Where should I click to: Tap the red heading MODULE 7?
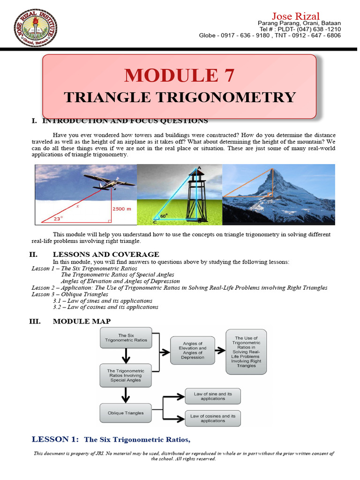tap(179, 75)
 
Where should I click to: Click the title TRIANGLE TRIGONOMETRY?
tap(180, 97)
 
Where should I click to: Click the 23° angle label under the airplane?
tap(58, 217)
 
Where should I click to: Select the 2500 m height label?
tap(121, 209)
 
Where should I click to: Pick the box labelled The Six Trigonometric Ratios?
tap(126, 337)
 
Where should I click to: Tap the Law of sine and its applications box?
tap(213, 397)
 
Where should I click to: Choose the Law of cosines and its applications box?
tap(213, 418)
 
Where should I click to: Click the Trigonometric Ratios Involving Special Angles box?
tap(126, 376)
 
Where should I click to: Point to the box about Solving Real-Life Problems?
tap(246, 351)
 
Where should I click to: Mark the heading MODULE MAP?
tap(82, 321)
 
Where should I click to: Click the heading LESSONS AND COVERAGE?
tap(105, 255)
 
